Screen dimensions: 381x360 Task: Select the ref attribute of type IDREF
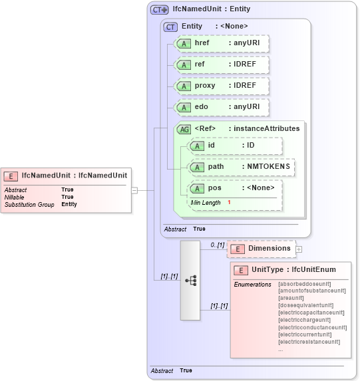click(222, 64)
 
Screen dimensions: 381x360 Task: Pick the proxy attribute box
click(222, 86)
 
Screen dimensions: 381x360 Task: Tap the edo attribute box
click(222, 107)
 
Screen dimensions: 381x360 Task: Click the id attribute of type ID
click(235, 146)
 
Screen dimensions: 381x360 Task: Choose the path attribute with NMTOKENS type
click(242, 166)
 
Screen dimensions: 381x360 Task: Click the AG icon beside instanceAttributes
click(184, 128)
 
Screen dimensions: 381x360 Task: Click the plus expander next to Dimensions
click(299, 249)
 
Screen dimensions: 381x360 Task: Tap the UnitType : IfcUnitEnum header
click(293, 270)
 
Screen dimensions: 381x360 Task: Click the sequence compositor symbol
click(190, 281)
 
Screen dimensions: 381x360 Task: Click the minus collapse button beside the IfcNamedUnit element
click(134, 190)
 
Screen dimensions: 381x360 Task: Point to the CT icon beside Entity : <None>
click(171, 26)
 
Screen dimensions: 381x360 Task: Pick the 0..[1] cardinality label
click(217, 245)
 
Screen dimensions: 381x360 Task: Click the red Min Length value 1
click(229, 202)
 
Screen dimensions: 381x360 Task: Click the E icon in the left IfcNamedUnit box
click(11, 176)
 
